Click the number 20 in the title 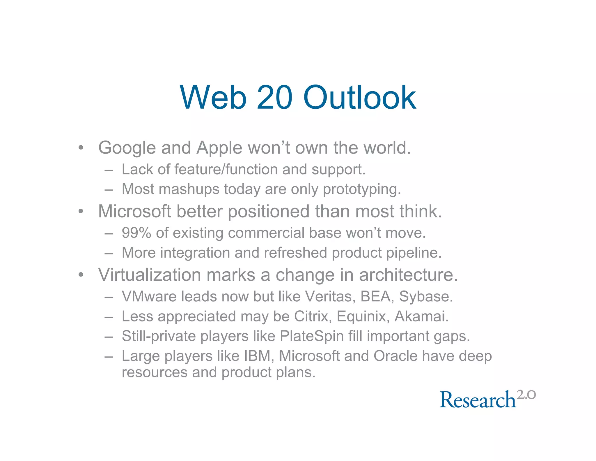pos(274,98)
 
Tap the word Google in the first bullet pos(127,148)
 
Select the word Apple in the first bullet pos(219,148)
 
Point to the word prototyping pos(362,190)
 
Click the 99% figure pos(136,233)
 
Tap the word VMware pos(149,297)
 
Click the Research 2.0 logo pos(487,399)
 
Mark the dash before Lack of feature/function pos(109,170)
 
